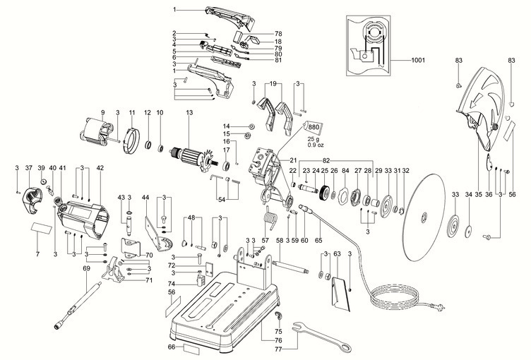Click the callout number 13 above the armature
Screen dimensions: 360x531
[x=189, y=113]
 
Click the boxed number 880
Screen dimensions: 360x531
[x=314, y=126]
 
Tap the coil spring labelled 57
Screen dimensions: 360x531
[x=268, y=222]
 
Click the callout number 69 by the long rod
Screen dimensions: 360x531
[x=87, y=268]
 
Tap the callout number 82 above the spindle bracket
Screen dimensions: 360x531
[x=326, y=161]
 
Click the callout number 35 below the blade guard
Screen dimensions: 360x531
[x=479, y=194]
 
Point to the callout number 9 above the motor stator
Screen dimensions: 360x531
[x=102, y=113]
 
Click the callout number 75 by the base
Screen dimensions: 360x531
[x=278, y=331]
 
